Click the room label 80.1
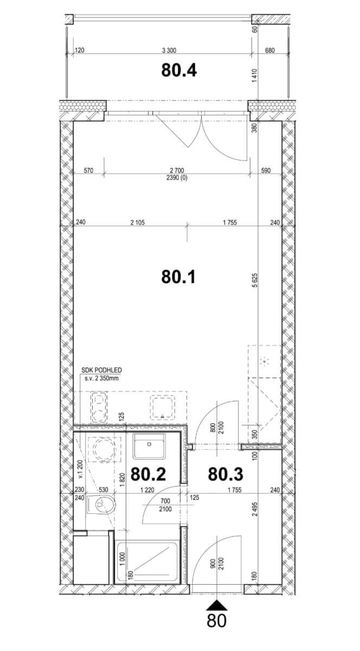tap(178, 277)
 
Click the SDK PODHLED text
tap(100, 371)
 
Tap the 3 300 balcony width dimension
tap(169, 50)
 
